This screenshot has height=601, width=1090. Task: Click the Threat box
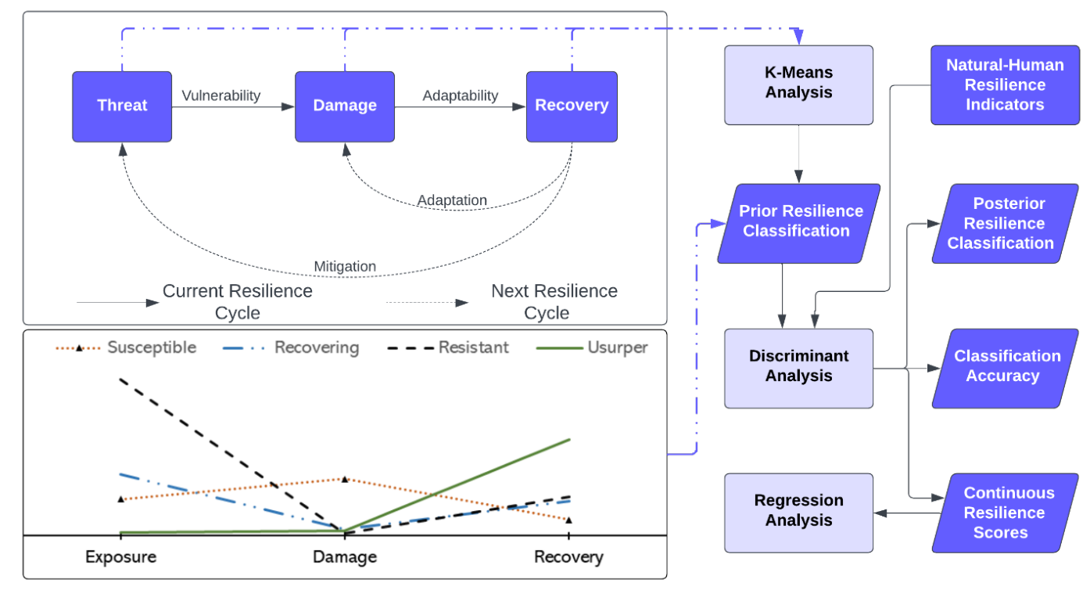(x=122, y=106)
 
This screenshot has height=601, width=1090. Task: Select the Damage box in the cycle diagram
(x=345, y=106)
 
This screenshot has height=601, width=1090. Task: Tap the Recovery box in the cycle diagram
(x=572, y=106)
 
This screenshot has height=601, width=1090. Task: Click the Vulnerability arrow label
(x=221, y=95)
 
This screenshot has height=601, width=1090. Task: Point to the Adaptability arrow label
(x=461, y=95)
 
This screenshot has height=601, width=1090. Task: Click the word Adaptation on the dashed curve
(x=452, y=200)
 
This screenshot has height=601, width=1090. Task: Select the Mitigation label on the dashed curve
(x=345, y=266)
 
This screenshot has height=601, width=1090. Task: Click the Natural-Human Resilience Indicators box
(x=1005, y=85)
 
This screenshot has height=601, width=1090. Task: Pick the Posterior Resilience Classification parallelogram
(x=1005, y=223)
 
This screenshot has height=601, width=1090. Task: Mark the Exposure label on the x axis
(x=121, y=557)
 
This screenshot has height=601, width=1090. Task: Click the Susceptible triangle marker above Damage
(x=345, y=479)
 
